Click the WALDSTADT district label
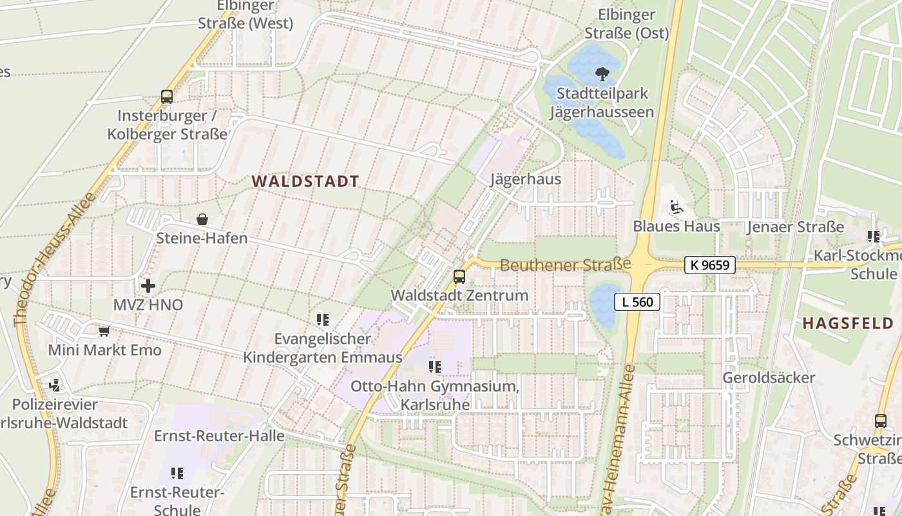(x=305, y=181)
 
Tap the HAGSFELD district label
(x=851, y=323)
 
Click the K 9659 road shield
(x=709, y=264)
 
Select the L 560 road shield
(x=637, y=301)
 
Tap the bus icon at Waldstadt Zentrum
(x=459, y=277)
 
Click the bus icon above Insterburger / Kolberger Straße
(x=167, y=97)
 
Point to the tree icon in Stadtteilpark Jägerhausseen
(x=602, y=74)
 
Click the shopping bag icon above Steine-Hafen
(x=202, y=219)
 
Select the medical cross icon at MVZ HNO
(x=148, y=285)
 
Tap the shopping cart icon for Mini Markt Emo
(x=104, y=332)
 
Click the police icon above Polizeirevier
(x=54, y=386)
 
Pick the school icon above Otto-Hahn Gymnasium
(x=435, y=367)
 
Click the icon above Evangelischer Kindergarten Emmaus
(x=323, y=319)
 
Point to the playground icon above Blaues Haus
(x=676, y=207)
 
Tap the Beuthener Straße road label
(x=565, y=265)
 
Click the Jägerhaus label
(x=525, y=179)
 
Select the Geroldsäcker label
(x=769, y=377)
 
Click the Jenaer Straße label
(x=795, y=227)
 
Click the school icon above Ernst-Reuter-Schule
(x=177, y=473)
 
